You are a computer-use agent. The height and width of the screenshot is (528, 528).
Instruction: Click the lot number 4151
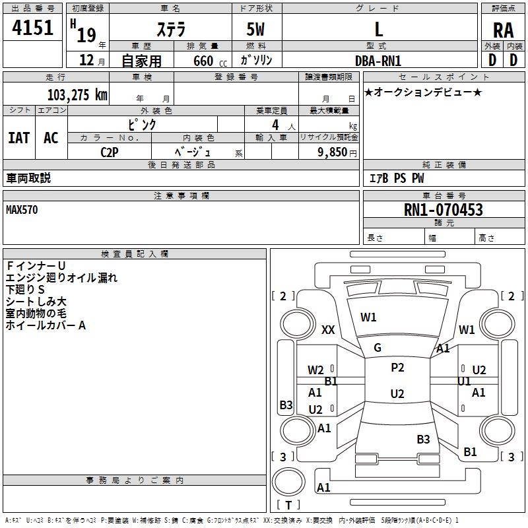pyautogui.click(x=32, y=28)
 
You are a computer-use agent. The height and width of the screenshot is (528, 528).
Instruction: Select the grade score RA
pyautogui.click(x=503, y=30)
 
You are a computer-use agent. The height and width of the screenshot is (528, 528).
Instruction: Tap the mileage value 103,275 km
pyautogui.click(x=77, y=95)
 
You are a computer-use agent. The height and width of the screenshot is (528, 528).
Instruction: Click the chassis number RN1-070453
pyautogui.click(x=443, y=210)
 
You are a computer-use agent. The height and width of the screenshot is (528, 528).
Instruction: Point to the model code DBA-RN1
pyautogui.click(x=378, y=61)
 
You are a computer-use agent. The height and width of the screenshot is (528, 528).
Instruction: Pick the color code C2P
pyautogui.click(x=110, y=152)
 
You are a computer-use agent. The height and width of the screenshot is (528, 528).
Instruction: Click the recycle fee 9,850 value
pyautogui.click(x=333, y=152)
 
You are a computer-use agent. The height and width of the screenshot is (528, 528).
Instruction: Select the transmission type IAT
pyautogui.click(x=19, y=138)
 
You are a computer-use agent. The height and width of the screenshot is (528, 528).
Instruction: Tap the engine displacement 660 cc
pyautogui.click(x=210, y=61)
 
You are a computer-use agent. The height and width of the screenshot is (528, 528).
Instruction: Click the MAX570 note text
pyautogui.click(x=22, y=210)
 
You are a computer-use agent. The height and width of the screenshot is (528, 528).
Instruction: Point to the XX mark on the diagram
pyautogui.click(x=328, y=329)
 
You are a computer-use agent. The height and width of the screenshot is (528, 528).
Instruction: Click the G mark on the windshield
pyautogui.click(x=378, y=348)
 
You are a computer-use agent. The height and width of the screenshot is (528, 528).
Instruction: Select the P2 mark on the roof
pyautogui.click(x=397, y=368)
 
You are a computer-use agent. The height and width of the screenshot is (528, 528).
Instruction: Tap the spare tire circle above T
pyautogui.click(x=288, y=482)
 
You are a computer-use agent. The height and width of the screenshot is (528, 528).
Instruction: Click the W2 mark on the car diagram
pyautogui.click(x=315, y=370)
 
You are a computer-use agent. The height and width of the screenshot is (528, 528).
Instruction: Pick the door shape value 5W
pyautogui.click(x=255, y=29)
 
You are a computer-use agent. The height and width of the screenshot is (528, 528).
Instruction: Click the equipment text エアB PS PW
pyautogui.click(x=397, y=178)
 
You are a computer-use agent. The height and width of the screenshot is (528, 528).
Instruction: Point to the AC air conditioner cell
pyautogui.click(x=51, y=138)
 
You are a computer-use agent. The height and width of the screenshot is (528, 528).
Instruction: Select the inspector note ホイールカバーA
pyautogui.click(x=46, y=325)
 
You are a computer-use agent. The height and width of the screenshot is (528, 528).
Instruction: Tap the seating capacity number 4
pyautogui.click(x=275, y=125)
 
